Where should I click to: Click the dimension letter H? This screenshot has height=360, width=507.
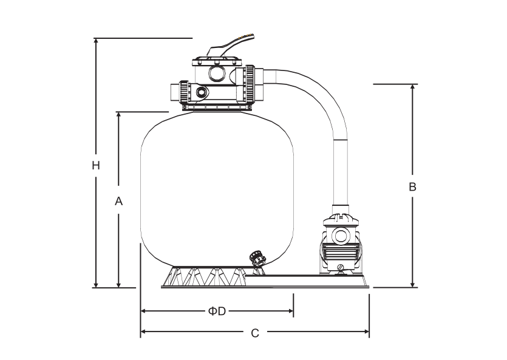96,166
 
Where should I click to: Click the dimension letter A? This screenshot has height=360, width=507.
118,201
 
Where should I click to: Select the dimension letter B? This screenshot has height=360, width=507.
413,187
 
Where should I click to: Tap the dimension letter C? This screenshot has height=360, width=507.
255,333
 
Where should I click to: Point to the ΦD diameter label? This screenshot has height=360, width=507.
217,311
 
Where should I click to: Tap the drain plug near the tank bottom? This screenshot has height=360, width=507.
257,258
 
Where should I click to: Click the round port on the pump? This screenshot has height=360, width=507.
341,236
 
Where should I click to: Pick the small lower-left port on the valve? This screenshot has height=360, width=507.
202,92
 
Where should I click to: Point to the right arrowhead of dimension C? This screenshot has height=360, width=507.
366,331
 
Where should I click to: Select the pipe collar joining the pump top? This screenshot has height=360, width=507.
341,208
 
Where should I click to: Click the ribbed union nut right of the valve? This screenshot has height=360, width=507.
250,84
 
